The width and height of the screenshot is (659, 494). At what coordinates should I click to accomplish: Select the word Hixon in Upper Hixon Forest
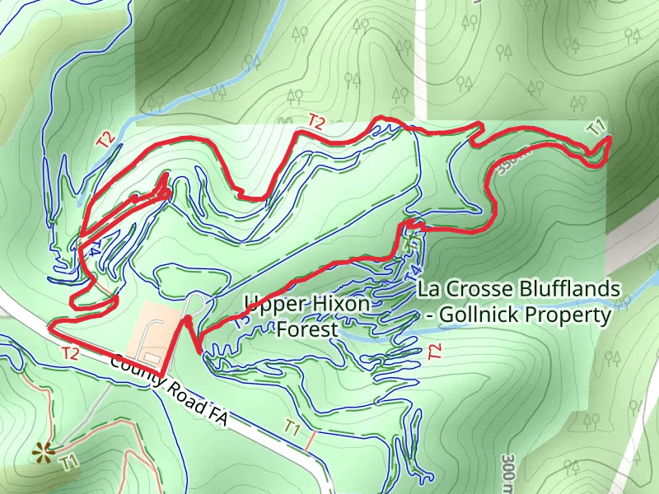click(340, 305)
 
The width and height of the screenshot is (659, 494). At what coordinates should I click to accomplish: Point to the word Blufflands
click(568, 289)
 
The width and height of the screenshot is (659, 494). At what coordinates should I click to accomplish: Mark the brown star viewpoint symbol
click(40, 450)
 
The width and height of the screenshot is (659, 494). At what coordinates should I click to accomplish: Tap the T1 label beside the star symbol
click(69, 462)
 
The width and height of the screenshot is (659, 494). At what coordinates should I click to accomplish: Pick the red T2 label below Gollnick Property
click(435, 352)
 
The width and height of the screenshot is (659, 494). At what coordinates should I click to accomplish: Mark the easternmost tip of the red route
click(610, 140)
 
